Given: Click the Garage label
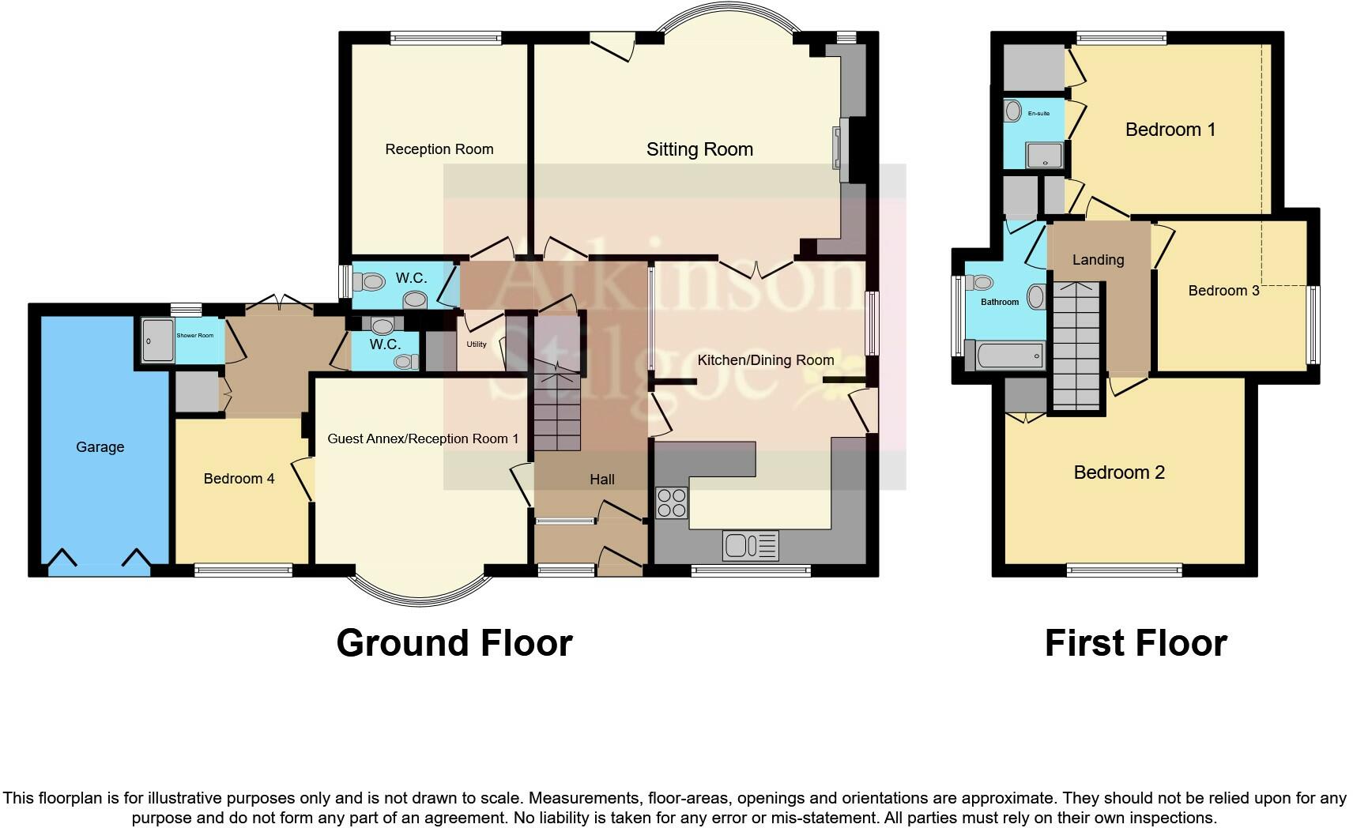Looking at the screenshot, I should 100,447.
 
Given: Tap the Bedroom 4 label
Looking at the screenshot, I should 239,479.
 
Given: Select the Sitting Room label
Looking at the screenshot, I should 699,149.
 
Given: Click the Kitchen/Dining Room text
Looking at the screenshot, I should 765,360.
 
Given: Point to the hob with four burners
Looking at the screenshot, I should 672,502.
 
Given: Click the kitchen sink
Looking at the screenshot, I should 750,545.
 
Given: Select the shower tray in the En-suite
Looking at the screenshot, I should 1045,156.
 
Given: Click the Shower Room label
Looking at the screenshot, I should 194,336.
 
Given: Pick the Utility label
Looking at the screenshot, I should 477,344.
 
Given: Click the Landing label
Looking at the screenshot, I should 1098,260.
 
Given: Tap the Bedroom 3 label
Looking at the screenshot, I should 1223,291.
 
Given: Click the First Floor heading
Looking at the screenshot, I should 1136,643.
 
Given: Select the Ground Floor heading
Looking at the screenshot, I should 454,643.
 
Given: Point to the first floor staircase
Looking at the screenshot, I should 1076,348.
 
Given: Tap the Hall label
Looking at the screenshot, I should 601,480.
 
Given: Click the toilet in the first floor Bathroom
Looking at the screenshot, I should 982,283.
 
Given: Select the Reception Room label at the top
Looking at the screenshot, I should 439,149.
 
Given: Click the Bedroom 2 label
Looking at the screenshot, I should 1119,472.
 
